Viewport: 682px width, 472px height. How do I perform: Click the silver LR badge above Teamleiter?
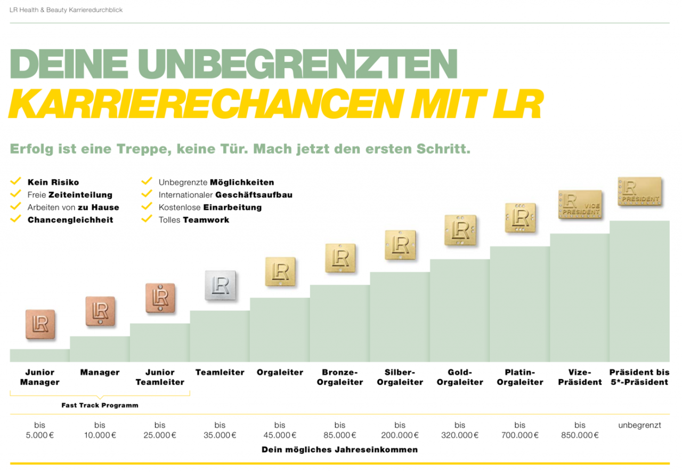pos(220,286)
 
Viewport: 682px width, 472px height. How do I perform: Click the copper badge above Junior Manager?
pos(40,324)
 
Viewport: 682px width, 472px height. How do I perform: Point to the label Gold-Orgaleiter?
pos(460,377)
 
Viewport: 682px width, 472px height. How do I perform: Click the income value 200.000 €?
pos(400,435)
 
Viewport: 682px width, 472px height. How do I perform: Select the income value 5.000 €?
pos(40,435)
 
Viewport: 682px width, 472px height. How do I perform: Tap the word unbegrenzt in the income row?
pos(639,426)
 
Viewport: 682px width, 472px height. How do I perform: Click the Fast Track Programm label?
pos(100,405)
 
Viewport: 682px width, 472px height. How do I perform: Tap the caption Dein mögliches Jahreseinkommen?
pos(339,450)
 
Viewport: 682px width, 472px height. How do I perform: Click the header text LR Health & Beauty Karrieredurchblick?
pos(66,10)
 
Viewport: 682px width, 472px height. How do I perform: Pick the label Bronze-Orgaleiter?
pos(340,377)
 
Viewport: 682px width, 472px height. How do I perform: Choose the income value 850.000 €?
pos(580,435)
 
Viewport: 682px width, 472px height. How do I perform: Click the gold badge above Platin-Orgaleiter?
pos(520,218)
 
